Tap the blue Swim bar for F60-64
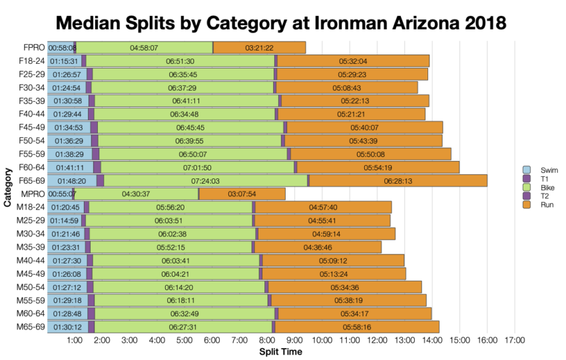[70, 167]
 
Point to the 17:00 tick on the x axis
[515, 341]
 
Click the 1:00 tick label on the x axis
[75, 341]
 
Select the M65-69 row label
[30, 327]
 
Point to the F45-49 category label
[31, 127]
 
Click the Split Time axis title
[280, 351]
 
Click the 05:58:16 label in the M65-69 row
[357, 327]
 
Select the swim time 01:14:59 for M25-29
[64, 220]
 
